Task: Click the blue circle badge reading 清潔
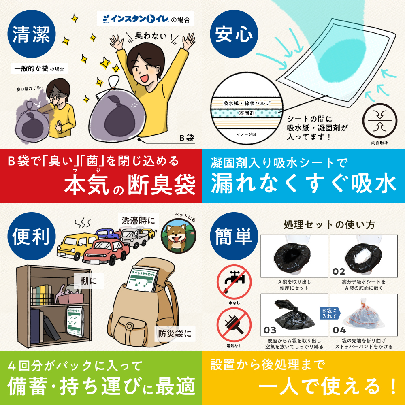click(x=32, y=34)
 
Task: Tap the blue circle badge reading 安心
click(x=234, y=34)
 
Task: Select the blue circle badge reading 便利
click(x=32, y=237)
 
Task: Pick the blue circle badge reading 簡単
click(x=234, y=237)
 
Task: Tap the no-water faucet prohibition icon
click(x=234, y=282)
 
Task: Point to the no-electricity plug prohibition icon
click(x=234, y=325)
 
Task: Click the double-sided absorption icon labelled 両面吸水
click(x=380, y=121)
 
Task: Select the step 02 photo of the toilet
click(x=364, y=256)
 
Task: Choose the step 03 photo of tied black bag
click(x=294, y=315)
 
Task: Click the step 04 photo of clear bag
click(x=364, y=315)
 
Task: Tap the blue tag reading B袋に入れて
click(x=330, y=313)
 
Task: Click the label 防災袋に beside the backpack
click(x=175, y=333)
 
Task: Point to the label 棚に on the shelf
click(x=89, y=281)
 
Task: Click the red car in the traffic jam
click(x=106, y=251)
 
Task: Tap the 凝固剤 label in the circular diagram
click(x=247, y=113)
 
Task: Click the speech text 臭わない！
click(x=154, y=35)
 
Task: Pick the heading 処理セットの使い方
click(x=329, y=224)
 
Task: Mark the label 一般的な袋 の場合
click(x=39, y=68)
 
